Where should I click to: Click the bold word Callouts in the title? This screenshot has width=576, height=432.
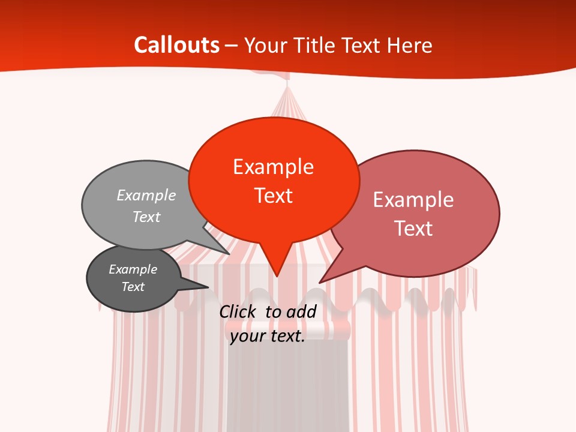pyautogui.click(x=176, y=45)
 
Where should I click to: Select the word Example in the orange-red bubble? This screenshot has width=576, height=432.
pyautogui.click(x=273, y=167)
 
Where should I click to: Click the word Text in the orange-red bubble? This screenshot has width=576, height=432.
pyautogui.click(x=274, y=196)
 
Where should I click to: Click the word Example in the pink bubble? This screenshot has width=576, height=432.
pyautogui.click(x=413, y=200)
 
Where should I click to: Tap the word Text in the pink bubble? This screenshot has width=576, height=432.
pyautogui.click(x=413, y=229)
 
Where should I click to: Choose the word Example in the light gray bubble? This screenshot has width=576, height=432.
pyautogui.click(x=146, y=196)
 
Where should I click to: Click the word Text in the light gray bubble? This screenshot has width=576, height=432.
pyautogui.click(x=146, y=217)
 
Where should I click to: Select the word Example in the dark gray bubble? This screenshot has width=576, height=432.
pyautogui.click(x=133, y=269)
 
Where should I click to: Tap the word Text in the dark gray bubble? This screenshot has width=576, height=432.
pyautogui.click(x=133, y=287)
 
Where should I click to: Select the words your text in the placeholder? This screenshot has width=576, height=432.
pyautogui.click(x=268, y=336)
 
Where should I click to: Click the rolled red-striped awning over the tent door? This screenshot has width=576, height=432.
pyautogui.click(x=288, y=329)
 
